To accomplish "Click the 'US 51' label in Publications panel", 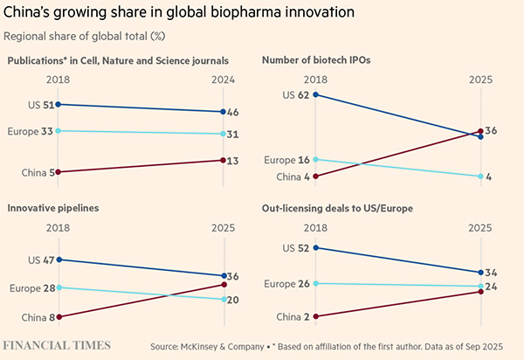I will click(x=37, y=105).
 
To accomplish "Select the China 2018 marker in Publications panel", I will click(x=58, y=172).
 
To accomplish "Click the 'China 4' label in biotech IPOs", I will click(x=290, y=177).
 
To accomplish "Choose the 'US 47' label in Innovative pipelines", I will click(x=37, y=260).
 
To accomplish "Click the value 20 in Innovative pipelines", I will click(x=235, y=300).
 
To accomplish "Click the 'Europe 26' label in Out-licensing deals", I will click(x=286, y=283).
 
